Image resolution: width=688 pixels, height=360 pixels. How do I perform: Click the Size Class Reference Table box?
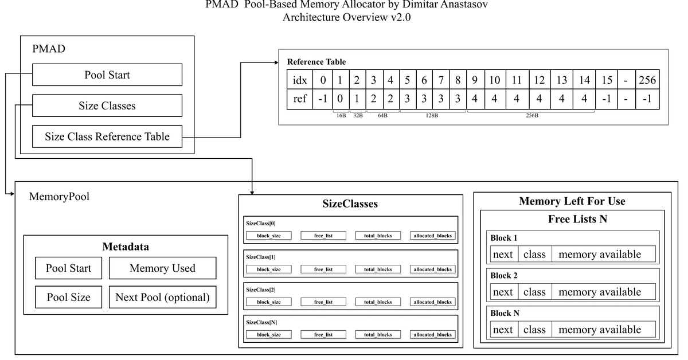(x=107, y=136)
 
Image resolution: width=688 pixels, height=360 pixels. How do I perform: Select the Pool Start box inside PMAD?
(x=107, y=75)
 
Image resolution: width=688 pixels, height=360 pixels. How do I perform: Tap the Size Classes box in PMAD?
(x=107, y=105)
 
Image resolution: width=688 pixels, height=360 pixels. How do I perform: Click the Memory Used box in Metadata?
(x=162, y=268)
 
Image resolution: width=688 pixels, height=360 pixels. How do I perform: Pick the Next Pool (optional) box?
(x=162, y=297)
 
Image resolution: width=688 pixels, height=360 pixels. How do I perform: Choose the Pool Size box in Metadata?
(x=68, y=297)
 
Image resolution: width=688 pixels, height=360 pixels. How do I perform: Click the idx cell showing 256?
(x=647, y=80)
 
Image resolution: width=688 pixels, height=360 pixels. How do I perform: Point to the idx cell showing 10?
(x=494, y=80)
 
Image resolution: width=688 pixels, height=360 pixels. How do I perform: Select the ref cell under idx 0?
(x=322, y=99)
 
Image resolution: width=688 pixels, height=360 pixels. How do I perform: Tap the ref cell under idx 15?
(x=607, y=99)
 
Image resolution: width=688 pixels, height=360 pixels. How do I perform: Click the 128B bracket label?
(x=432, y=115)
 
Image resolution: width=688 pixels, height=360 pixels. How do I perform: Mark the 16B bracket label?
(x=341, y=115)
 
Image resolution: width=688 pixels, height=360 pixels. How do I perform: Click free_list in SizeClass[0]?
(x=323, y=236)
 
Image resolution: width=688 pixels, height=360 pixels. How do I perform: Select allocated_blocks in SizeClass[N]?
(x=432, y=335)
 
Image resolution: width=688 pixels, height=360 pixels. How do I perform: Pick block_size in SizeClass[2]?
(x=269, y=302)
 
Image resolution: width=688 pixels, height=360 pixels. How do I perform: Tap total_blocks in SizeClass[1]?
(x=378, y=269)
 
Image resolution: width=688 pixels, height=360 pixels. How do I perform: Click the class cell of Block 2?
(x=535, y=292)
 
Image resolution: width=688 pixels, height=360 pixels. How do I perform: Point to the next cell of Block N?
(x=504, y=329)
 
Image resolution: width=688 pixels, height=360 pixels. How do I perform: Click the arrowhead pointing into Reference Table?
(x=276, y=62)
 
